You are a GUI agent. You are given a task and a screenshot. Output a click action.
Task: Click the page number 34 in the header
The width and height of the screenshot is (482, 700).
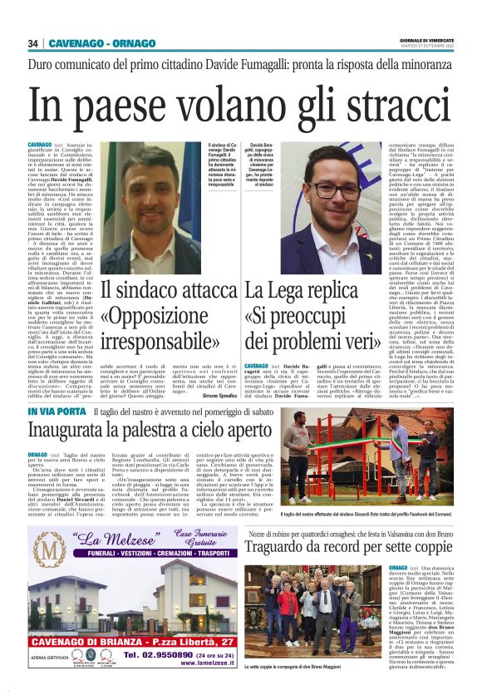point(33,43)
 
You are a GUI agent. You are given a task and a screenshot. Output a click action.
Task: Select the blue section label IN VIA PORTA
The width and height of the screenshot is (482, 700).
point(57,413)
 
